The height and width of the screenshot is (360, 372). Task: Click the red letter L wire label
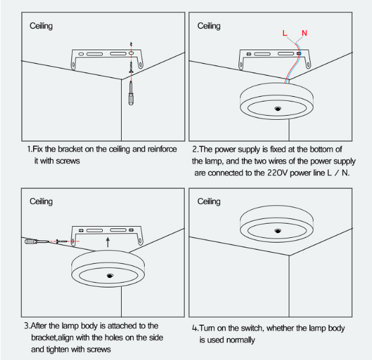(x=285, y=33)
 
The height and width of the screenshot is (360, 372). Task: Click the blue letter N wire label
(x=304, y=32)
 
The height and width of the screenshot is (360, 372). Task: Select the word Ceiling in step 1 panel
(x=41, y=26)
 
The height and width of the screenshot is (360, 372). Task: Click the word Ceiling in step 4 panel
(x=208, y=202)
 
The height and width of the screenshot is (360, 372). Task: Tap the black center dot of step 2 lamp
(x=277, y=109)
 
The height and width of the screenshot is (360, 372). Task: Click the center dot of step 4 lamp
(x=277, y=227)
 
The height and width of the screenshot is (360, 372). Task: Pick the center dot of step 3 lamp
(x=110, y=276)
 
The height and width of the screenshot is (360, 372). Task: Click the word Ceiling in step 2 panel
(x=208, y=26)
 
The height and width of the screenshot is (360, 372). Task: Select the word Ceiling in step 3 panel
(x=41, y=202)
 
